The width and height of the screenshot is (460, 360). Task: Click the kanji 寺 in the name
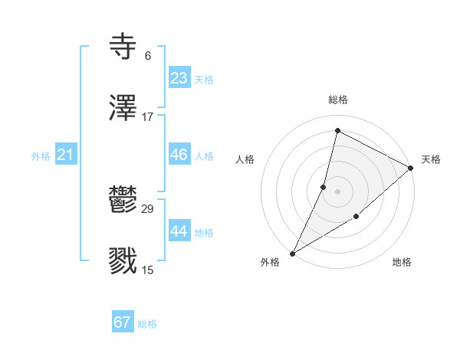(x=123, y=46)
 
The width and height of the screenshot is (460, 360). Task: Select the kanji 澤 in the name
(x=123, y=108)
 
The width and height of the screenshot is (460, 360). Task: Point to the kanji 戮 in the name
(x=123, y=261)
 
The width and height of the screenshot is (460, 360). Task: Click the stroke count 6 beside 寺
(x=148, y=55)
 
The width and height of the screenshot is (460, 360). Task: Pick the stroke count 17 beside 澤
(x=148, y=117)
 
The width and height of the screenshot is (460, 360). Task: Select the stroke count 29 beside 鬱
(x=148, y=208)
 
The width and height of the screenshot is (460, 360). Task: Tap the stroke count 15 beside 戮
(x=148, y=270)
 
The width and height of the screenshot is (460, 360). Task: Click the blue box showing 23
(x=179, y=78)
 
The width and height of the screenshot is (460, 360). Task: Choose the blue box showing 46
(x=179, y=155)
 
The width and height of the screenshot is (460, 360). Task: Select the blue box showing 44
(x=179, y=231)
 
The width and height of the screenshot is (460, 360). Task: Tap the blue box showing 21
(x=66, y=155)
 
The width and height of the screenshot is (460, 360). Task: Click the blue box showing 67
(x=123, y=322)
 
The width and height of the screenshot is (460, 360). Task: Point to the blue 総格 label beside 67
(x=147, y=324)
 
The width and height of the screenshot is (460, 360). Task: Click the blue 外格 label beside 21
(x=41, y=156)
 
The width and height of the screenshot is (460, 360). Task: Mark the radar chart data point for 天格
(x=411, y=169)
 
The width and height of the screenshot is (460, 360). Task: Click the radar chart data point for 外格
(x=292, y=254)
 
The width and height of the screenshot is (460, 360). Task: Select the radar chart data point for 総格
(x=337, y=131)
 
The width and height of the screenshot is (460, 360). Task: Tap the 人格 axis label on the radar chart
(x=245, y=159)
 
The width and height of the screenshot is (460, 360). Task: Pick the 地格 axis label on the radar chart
(x=402, y=262)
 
